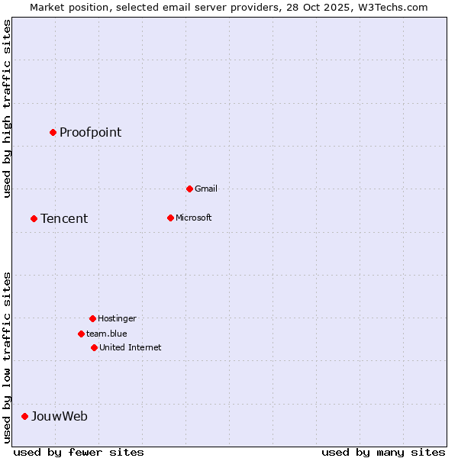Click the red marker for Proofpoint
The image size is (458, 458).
(53, 132)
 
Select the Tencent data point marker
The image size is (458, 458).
(34, 218)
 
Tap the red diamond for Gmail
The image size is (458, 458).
(189, 189)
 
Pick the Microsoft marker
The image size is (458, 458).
(170, 218)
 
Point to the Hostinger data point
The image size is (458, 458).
(92, 318)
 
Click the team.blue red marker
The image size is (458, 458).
(81, 334)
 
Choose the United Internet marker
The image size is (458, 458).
(94, 347)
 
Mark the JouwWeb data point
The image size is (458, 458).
(24, 416)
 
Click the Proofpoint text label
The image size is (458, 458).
(90, 133)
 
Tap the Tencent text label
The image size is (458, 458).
(64, 219)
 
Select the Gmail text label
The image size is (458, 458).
(206, 189)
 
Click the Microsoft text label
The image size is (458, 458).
(193, 218)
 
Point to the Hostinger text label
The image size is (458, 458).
(117, 318)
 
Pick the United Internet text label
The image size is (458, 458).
(130, 347)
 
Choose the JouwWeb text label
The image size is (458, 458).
(59, 417)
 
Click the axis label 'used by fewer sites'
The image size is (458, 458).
(79, 452)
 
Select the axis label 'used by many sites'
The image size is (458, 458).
(383, 452)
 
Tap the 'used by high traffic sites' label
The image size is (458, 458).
(7, 108)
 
